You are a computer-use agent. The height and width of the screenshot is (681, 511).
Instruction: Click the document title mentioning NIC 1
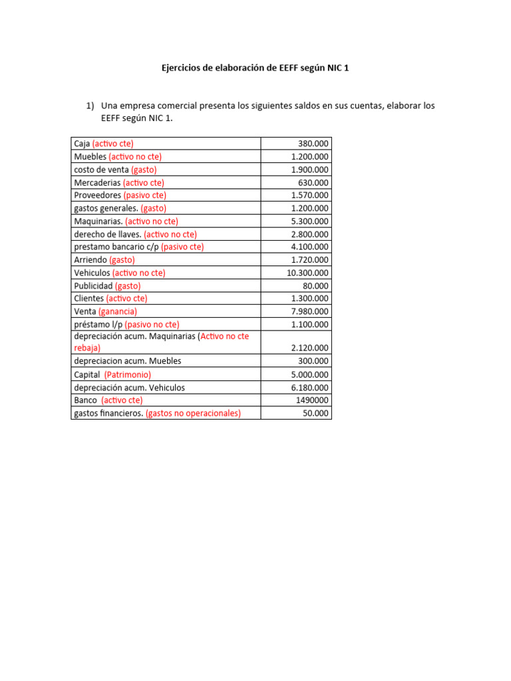pos(255,68)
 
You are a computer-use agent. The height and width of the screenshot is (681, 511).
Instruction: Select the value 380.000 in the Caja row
pos(313,144)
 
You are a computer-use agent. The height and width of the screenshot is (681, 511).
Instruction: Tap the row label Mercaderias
pos(97,182)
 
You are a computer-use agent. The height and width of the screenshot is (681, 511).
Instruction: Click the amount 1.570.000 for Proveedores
pos(309,196)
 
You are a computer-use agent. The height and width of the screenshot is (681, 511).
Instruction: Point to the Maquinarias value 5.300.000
pos(309,221)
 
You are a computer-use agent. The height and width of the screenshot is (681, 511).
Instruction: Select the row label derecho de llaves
pos(107,234)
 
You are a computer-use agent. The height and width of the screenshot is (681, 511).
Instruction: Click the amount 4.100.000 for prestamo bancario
pos(309,247)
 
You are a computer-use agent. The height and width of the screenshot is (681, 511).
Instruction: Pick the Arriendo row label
pos(90,260)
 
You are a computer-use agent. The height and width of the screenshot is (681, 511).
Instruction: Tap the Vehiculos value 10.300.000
pos(307,273)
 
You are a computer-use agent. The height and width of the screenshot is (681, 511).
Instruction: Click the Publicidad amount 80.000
pos(315,286)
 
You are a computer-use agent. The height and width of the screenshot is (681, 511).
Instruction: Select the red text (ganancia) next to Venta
pos(118,311)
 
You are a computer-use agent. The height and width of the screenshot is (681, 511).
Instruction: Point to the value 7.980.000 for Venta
pos(309,311)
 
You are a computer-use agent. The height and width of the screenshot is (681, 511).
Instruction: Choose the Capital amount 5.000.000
pos(309,374)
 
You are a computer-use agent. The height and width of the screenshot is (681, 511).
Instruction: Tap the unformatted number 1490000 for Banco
pos(311,400)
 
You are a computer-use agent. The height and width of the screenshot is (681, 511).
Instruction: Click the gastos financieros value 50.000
pos(315,413)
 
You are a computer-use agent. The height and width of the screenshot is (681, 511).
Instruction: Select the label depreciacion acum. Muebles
pos(128,361)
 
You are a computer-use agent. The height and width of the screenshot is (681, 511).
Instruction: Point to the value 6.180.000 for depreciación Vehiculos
pos(309,388)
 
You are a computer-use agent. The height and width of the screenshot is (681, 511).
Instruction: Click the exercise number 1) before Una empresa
pos(91,106)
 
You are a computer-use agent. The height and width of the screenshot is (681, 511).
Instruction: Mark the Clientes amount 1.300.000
pos(309,299)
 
